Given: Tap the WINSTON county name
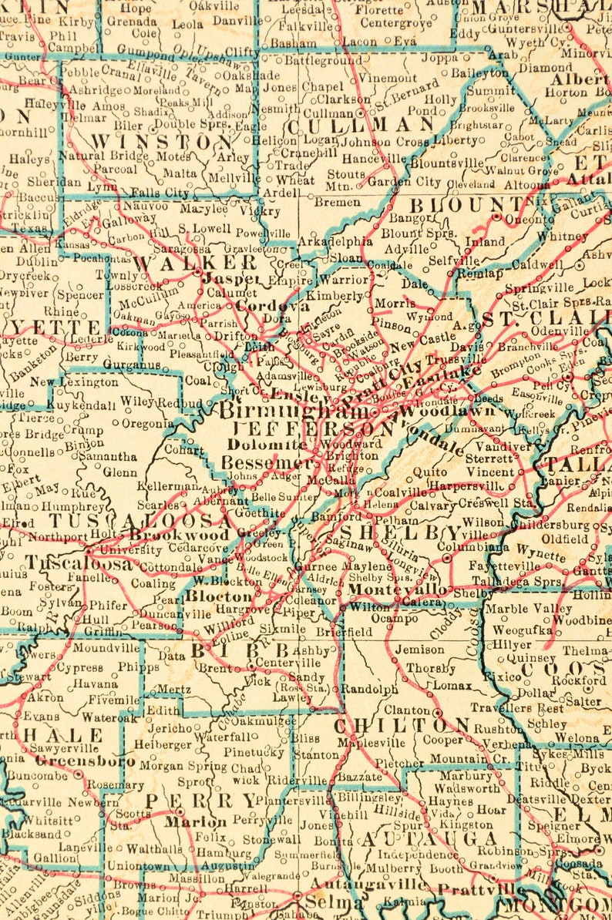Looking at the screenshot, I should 161,143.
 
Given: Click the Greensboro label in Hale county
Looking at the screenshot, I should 79,761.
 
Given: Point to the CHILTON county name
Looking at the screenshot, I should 401,725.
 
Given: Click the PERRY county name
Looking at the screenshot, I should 202,801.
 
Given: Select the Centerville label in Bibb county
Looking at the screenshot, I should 288,663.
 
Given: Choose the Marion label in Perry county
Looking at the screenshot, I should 200,821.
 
